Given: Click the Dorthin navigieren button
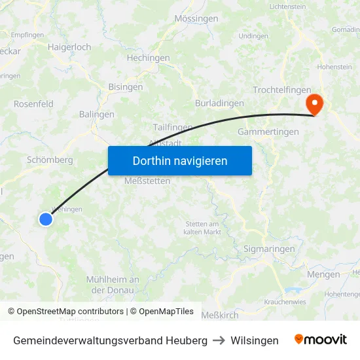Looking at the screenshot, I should [x=180, y=160].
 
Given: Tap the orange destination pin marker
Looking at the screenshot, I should [x=314, y=103].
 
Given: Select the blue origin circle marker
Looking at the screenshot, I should [x=45, y=219].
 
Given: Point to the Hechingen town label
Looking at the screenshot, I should [x=148, y=58].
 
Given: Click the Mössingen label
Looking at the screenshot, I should [x=196, y=19].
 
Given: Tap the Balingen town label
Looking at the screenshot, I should [x=97, y=115].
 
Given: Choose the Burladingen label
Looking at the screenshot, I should [x=219, y=103].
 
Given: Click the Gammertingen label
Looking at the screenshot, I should [x=268, y=132].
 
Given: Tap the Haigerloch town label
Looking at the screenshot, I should [x=69, y=47].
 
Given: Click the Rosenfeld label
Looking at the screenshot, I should [x=33, y=104].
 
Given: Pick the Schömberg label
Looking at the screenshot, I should [x=50, y=160].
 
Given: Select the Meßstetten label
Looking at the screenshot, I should [x=147, y=181].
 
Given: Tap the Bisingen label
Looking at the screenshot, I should [x=126, y=87].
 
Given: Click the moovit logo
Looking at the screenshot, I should [x=321, y=340].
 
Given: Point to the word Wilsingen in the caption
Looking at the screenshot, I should [x=255, y=340].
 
